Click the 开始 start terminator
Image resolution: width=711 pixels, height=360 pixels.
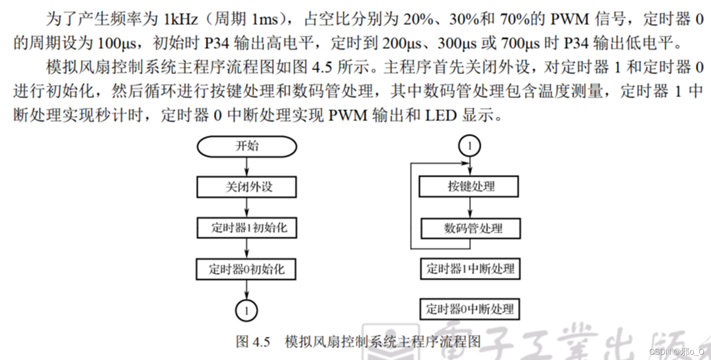[x=247, y=146]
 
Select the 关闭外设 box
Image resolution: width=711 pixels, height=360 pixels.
[x=247, y=187]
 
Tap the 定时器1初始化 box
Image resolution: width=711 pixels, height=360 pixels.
[x=247, y=228]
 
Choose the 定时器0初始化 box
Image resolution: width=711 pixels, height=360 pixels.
[x=246, y=269]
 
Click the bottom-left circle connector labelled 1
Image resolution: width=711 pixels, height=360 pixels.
[x=246, y=311]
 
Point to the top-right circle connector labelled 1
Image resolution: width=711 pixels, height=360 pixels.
[x=469, y=146]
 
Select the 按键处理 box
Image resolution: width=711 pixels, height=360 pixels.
[x=469, y=187]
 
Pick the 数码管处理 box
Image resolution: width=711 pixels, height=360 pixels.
[x=470, y=228]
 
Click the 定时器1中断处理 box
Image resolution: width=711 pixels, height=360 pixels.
[x=470, y=269]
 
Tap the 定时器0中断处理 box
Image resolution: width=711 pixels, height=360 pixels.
[x=470, y=309]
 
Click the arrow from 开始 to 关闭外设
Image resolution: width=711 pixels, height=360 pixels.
[x=247, y=167]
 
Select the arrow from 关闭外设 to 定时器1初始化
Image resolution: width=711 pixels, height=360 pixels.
[x=247, y=208]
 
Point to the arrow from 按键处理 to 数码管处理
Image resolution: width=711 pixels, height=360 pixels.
[x=470, y=208]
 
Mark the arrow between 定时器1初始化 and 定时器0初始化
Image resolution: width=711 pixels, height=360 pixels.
[x=247, y=248]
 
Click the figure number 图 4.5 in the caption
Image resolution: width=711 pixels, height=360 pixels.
[x=253, y=342]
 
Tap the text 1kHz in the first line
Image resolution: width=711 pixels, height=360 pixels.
[x=180, y=19]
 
